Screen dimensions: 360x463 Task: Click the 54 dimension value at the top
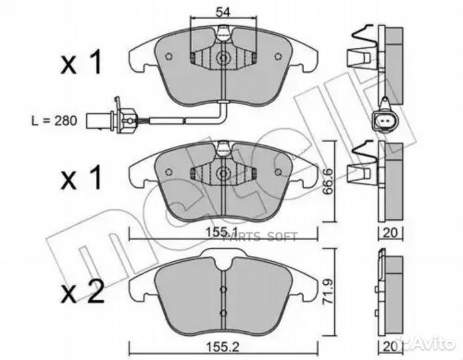[222, 11]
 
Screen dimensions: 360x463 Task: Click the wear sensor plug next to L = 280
[123, 121]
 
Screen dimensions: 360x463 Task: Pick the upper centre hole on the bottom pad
[223, 289]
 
